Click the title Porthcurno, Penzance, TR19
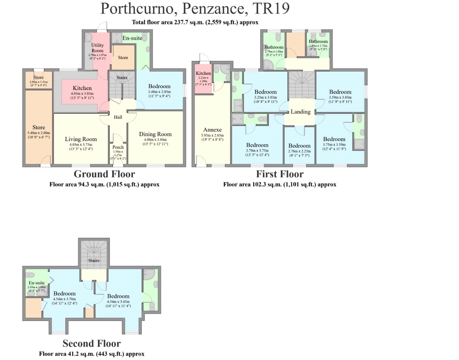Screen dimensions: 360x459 [x=195, y=9]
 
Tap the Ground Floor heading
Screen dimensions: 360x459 [x=104, y=174]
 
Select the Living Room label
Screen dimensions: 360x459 [x=81, y=139]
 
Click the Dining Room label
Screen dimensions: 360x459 [x=155, y=134]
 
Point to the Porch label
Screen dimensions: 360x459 [x=118, y=147]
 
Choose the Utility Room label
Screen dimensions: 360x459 [x=97, y=48]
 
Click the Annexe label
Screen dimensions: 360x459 [x=213, y=130]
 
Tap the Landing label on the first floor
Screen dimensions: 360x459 [x=300, y=112]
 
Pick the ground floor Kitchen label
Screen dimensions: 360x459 [x=82, y=88]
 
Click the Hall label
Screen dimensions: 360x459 [x=118, y=117]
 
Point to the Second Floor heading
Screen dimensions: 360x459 [x=92, y=344]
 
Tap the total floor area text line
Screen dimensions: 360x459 [x=195, y=22]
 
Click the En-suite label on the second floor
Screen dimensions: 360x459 [x=37, y=283]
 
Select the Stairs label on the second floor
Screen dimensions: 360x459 [x=94, y=260]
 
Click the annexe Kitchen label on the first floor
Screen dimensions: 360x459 [x=203, y=73]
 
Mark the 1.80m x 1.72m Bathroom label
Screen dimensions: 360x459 [x=318, y=42]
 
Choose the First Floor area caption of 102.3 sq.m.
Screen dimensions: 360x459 [x=279, y=184]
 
